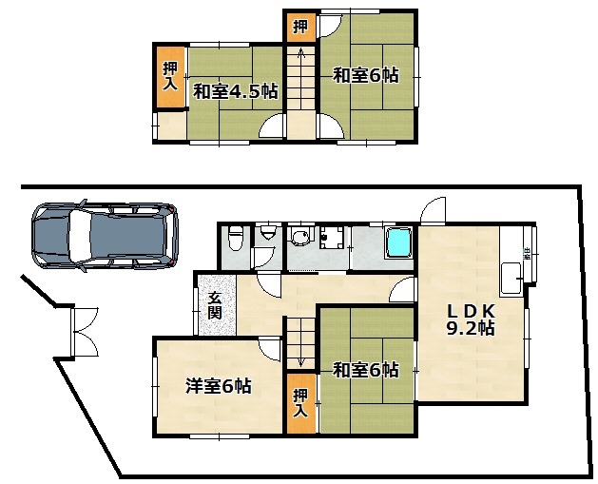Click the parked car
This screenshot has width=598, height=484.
pyautogui.click(x=105, y=235)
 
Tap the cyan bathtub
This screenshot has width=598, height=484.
pyautogui.click(x=399, y=243)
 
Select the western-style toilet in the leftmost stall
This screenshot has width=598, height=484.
pyautogui.click(x=237, y=238)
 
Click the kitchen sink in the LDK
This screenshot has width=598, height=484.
pyautogui.click(x=511, y=278)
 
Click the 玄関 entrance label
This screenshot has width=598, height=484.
pyautogui.click(x=215, y=305)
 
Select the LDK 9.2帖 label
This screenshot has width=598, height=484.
pyautogui.click(x=471, y=319)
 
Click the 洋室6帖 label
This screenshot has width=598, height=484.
pyautogui.click(x=219, y=386)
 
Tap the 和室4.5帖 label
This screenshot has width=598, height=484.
pyautogui.click(x=235, y=91)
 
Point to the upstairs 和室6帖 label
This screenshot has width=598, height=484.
pyautogui.click(x=366, y=75)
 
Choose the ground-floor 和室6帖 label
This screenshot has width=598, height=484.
pyautogui.click(x=366, y=370)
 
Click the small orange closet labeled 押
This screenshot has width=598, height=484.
pyautogui.click(x=300, y=28)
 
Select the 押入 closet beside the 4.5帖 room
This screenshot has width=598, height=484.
pyautogui.click(x=170, y=77)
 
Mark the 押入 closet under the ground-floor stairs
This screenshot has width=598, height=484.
pyautogui.click(x=301, y=403)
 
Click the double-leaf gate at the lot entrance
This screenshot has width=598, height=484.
pyautogui.click(x=84, y=332)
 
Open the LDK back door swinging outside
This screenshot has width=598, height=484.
pyautogui.click(x=433, y=210)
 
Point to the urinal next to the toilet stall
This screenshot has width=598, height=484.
pyautogui.click(x=268, y=232)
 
